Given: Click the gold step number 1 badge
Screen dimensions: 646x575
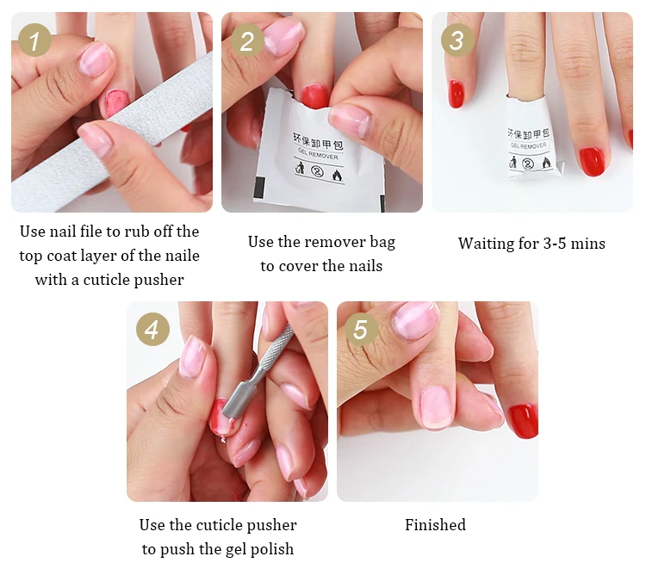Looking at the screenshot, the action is click(35, 40).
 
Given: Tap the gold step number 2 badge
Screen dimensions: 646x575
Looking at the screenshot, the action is click(247, 40).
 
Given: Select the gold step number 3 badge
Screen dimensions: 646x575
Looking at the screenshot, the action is click(457, 40).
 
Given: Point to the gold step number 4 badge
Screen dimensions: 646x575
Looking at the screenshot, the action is click(152, 329).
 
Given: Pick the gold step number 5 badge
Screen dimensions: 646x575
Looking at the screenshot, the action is click(361, 329).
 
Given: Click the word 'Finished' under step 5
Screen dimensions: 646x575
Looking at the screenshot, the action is click(436, 525).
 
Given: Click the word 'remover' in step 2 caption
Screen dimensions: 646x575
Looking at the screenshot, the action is click(334, 242).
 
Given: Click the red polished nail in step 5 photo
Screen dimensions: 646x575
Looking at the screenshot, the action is click(523, 421).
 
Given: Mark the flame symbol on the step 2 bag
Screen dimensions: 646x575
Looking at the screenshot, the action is click(337, 176).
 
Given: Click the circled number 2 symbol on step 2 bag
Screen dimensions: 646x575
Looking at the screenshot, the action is click(317, 170).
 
